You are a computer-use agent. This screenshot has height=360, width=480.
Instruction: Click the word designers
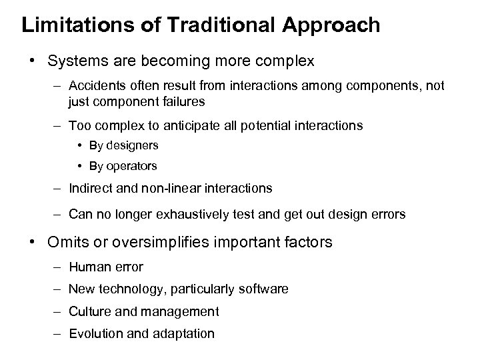coord(133,145)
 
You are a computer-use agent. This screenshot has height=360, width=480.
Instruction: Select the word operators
coord(133,165)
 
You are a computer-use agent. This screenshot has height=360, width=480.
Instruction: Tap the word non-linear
coord(155,188)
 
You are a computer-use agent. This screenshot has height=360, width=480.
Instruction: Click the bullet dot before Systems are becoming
coord(31,61)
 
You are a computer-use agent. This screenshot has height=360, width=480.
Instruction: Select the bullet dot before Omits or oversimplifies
coord(31,243)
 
